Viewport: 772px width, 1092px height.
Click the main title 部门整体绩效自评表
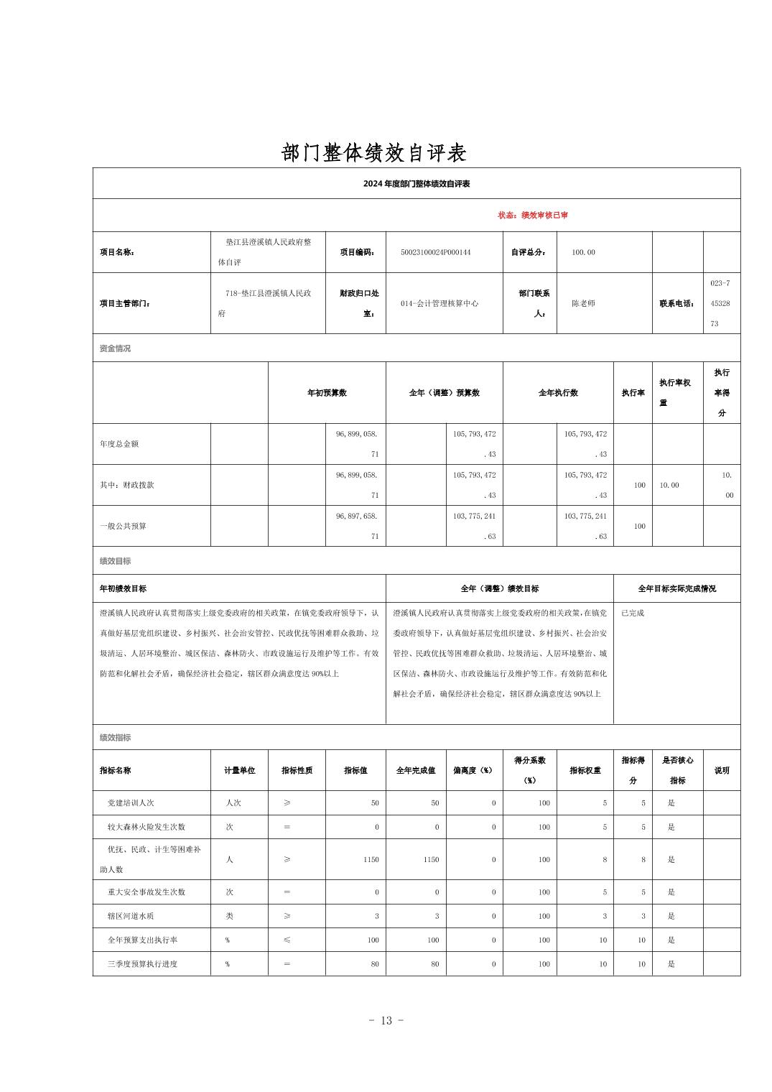[x=374, y=152]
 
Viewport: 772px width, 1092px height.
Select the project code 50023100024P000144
[x=436, y=252]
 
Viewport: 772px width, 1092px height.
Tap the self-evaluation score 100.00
[x=583, y=252]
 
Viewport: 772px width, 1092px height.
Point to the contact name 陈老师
[x=583, y=304]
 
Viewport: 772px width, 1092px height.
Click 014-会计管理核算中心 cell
[x=440, y=304]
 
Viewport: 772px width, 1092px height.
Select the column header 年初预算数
[x=327, y=393]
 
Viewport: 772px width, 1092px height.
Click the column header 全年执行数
[x=558, y=393]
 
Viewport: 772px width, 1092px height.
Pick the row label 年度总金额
[x=119, y=444]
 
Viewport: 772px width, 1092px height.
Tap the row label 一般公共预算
[x=123, y=527]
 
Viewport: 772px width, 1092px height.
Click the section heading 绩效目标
[x=115, y=561]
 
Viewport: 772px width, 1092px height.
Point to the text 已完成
[x=633, y=613]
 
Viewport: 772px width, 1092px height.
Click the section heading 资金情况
[x=115, y=348]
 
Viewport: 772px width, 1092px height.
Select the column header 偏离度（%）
[x=473, y=771]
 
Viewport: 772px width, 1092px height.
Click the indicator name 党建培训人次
[x=131, y=803]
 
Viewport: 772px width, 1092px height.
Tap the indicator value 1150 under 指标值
[x=371, y=860]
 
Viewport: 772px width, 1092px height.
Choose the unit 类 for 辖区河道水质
[x=229, y=916]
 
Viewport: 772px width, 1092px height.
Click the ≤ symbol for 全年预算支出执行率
[x=287, y=940]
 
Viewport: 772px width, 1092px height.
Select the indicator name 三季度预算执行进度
[x=142, y=964]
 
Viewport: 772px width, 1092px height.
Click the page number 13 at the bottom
[x=386, y=1021]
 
